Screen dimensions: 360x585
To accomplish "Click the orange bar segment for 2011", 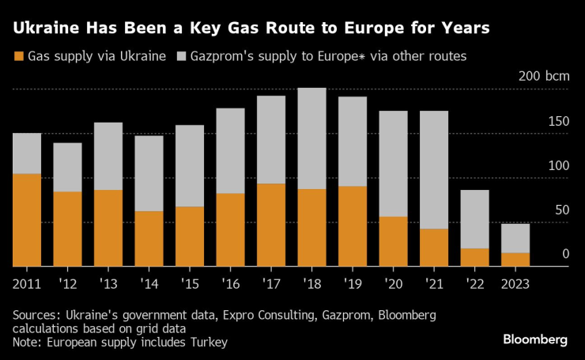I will (27, 220).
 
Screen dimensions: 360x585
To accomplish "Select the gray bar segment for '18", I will (311, 138).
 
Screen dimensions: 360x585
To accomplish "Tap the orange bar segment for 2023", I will (515, 260).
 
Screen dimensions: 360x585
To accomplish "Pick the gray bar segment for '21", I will (434, 170).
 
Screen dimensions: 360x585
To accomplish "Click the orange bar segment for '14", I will (149, 239).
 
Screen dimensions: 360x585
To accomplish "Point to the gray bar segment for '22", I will (474, 219).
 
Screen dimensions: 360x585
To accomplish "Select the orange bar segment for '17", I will (271, 225).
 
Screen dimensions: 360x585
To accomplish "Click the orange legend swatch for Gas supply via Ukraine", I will (17, 57).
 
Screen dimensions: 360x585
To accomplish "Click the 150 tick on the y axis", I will (559, 122).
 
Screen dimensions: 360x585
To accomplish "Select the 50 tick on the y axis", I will (562, 210).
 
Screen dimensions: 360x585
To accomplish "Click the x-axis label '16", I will (230, 282).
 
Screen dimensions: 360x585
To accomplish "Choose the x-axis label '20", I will (393, 282).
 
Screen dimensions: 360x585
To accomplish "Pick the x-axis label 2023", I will (515, 282).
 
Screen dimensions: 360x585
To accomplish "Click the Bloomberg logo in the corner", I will (535, 339).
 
